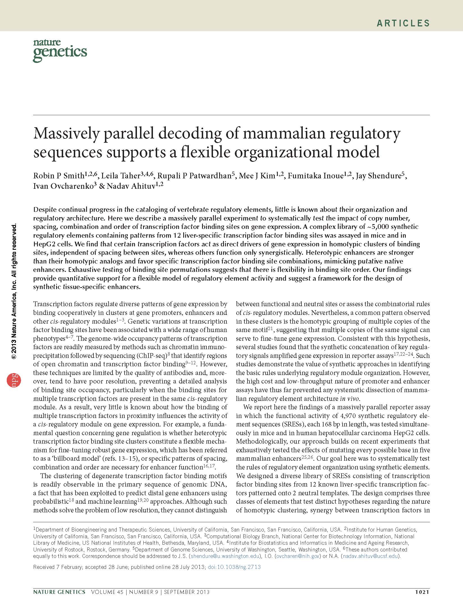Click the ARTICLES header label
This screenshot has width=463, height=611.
pyautogui.click(x=403, y=23)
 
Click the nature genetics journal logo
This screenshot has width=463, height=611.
pyautogui.click(x=60, y=51)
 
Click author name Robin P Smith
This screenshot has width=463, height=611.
pyautogui.click(x=59, y=176)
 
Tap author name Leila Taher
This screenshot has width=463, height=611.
pyautogui.click(x=120, y=176)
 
